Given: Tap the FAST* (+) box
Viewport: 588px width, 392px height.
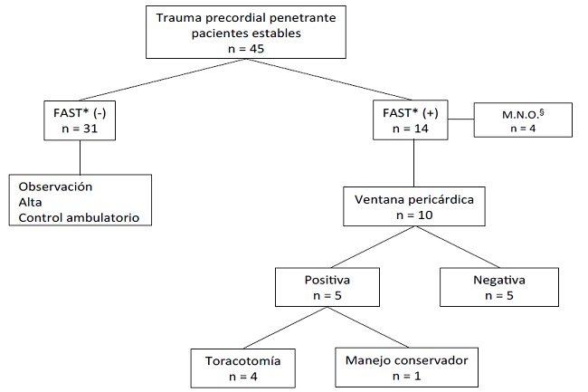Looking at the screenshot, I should [x=413, y=119].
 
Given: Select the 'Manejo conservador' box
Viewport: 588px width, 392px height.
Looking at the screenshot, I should [x=406, y=368].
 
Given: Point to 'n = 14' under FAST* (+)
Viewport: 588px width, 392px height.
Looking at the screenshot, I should [x=413, y=129].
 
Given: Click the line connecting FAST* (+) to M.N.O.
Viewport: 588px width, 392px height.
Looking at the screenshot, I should [x=462, y=119].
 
